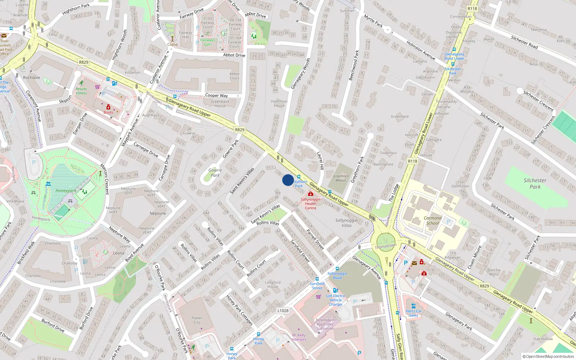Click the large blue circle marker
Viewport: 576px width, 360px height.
pyautogui.click(x=288, y=180)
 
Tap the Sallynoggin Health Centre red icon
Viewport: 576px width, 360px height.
pyautogui.click(x=310, y=194)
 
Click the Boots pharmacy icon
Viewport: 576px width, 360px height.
pyautogui.click(x=108, y=107)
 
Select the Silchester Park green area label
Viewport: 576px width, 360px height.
pyautogui.click(x=535, y=184)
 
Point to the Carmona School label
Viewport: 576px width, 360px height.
pyautogui.click(x=432, y=220)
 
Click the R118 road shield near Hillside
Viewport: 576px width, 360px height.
pyautogui.click(x=413, y=161)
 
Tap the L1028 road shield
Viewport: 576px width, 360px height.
pyautogui.click(x=283, y=310)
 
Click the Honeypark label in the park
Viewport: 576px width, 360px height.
pyautogui.click(x=66, y=190)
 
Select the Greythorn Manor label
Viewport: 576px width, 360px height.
pyautogui.click(x=341, y=178)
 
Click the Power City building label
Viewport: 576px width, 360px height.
pyautogui.click(x=197, y=320)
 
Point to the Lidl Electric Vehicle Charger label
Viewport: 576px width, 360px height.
pyautogui.click(x=336, y=300)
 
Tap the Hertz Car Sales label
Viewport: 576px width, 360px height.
pyautogui.click(x=413, y=313)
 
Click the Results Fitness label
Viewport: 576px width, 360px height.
pyautogui.click(x=81, y=91)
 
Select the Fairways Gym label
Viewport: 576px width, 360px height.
pyautogui.click(x=208, y=42)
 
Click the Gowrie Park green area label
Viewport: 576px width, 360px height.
pyautogui.click(x=215, y=172)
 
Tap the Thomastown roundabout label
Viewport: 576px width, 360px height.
pyautogui.click(x=386, y=247)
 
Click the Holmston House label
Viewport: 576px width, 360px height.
pyautogui.click(x=279, y=103)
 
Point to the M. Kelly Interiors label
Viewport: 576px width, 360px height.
pyautogui.click(x=299, y=337)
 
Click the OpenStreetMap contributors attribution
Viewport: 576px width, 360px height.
pyautogui.click(x=548, y=356)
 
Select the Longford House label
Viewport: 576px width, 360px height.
pyautogui.click(x=273, y=284)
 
